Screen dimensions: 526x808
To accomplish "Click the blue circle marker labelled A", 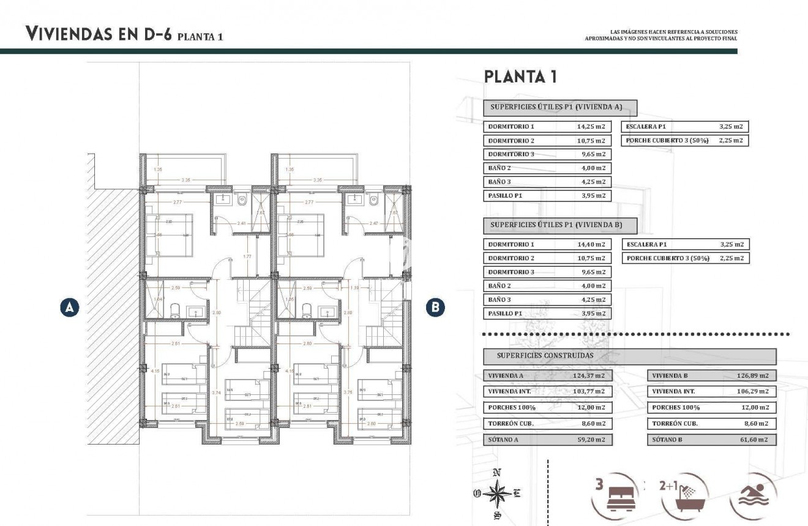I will (70, 307).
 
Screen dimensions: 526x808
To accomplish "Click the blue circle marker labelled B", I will (435, 307).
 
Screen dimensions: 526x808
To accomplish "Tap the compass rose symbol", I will (499, 493).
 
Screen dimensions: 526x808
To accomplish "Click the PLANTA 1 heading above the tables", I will (520, 77).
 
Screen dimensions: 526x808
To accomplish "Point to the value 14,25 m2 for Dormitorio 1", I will (591, 127).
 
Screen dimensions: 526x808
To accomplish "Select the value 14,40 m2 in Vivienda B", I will (591, 244).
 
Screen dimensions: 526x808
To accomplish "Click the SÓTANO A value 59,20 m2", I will (591, 440).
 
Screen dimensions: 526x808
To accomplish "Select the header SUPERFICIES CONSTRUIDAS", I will (545, 355).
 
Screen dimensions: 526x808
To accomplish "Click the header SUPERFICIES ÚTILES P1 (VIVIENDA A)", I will (556, 107).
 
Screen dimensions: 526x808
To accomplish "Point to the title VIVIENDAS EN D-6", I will (98, 34).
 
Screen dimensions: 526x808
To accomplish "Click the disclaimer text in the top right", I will (661, 35).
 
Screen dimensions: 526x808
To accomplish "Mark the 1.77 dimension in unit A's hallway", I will (247, 257).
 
